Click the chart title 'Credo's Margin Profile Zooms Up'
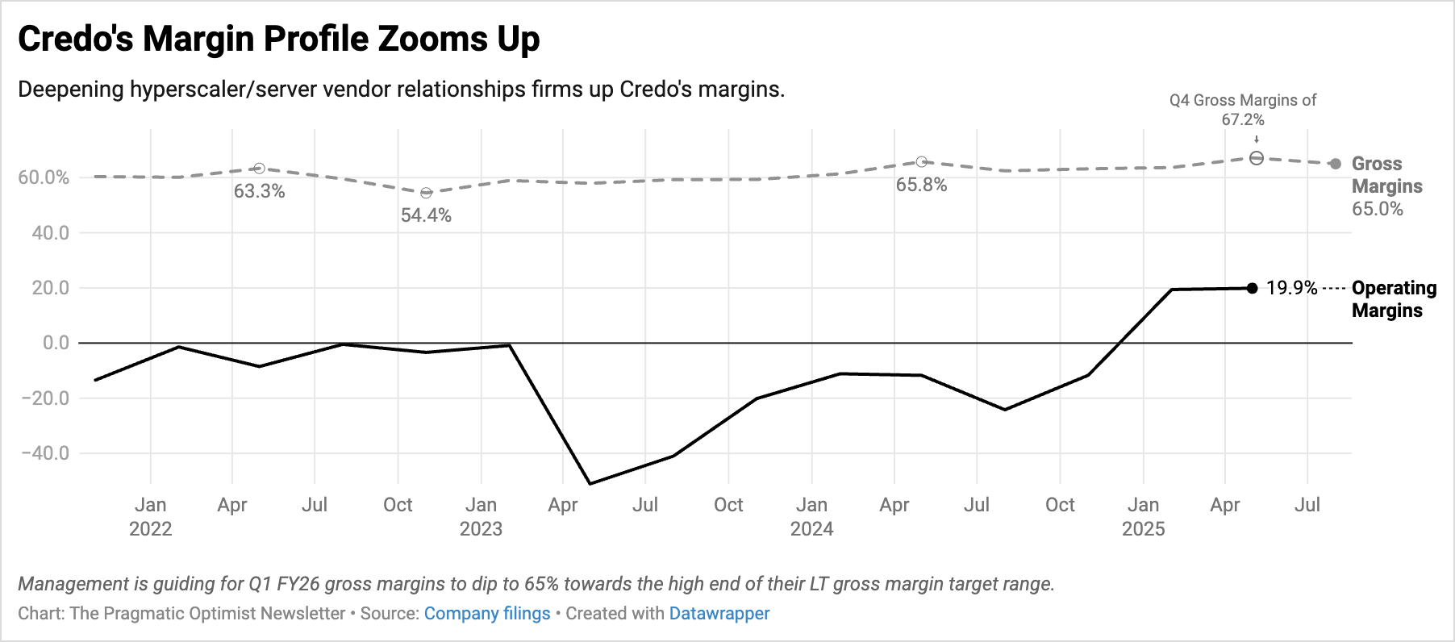(x=278, y=39)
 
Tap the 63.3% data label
(x=259, y=191)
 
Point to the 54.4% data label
(x=426, y=215)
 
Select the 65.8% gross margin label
(x=921, y=185)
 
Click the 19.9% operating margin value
(x=1291, y=288)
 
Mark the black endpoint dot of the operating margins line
(x=1252, y=288)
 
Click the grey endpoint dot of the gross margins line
(x=1336, y=164)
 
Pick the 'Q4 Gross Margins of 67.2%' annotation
(x=1242, y=110)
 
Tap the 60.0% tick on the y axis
(x=44, y=177)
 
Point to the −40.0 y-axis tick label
(x=45, y=453)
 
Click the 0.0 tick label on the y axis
(x=56, y=343)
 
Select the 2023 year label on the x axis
(x=481, y=529)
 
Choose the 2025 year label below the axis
(x=1143, y=529)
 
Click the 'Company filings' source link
(x=487, y=614)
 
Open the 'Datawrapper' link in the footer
(x=719, y=614)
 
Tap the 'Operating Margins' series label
(x=1394, y=299)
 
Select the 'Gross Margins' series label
(x=1386, y=175)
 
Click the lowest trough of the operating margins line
(x=590, y=484)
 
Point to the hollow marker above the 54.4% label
(x=426, y=193)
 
